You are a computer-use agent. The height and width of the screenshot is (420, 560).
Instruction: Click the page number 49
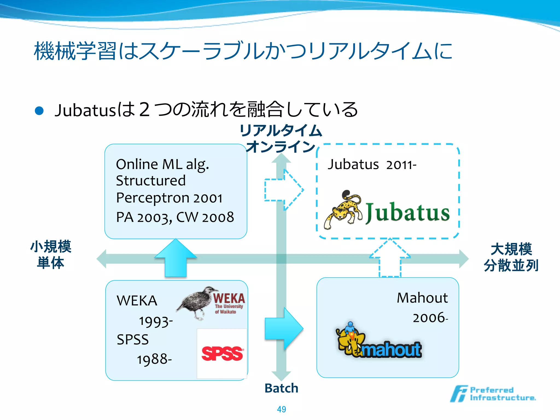281,409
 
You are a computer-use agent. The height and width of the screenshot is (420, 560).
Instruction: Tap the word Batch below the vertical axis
281,388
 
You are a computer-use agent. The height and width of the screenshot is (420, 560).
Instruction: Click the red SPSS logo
222,354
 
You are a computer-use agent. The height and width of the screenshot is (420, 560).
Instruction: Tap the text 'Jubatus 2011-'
372,164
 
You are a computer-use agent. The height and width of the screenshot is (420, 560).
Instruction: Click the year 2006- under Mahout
430,318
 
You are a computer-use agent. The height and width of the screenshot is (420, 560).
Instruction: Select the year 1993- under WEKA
156,322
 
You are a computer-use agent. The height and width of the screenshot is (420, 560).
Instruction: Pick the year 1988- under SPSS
154,359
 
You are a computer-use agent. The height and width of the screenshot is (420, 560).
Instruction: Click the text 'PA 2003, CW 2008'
175,217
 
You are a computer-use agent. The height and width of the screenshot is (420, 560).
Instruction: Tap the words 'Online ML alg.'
162,164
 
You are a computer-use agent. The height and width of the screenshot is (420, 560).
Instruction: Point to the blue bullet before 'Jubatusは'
39,111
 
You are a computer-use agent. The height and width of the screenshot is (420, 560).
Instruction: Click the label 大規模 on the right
511,249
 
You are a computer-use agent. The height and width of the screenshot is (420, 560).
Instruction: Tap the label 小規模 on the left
51,246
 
